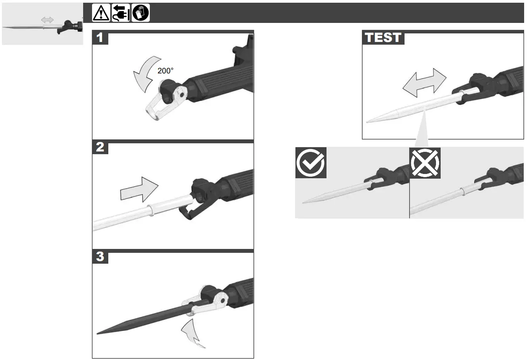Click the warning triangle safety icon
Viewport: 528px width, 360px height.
pos(101,13)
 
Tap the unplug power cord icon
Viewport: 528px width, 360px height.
pos(121,13)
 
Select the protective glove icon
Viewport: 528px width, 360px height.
pos(141,13)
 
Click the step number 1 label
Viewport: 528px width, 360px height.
pos(100,37)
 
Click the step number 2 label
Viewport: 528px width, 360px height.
pos(100,147)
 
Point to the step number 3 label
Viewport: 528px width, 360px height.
pos(100,256)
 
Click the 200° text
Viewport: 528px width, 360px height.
pos(165,71)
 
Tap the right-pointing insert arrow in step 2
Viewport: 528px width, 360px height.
pos(139,190)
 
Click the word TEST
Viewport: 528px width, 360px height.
pos(383,38)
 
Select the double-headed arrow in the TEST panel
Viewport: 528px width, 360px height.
pos(424,83)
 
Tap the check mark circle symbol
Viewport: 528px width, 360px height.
pos(311,162)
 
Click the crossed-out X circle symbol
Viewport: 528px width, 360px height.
pos(425,162)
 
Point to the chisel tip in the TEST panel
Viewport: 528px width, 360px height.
pos(368,122)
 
